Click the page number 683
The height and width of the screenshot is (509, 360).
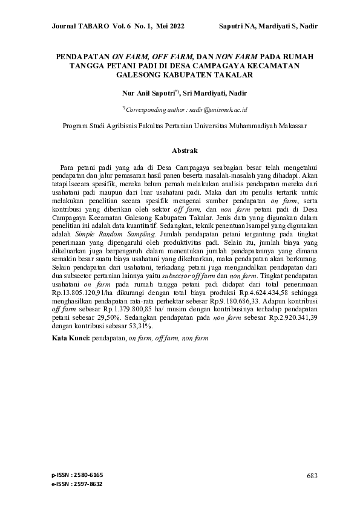click(x=312, y=476)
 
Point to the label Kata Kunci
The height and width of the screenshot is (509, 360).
click(x=70, y=339)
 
